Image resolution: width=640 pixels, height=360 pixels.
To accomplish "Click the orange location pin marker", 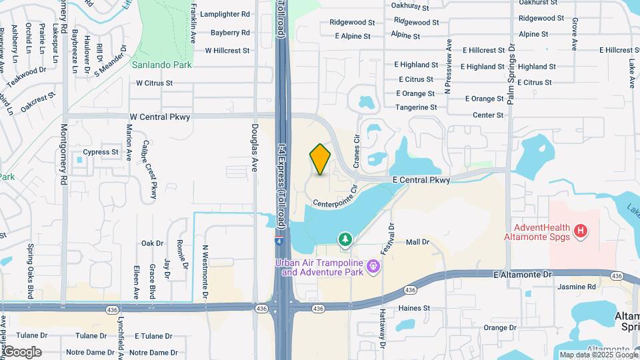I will (320, 159).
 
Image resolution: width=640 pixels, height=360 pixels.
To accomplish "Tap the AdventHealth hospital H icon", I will (581, 231).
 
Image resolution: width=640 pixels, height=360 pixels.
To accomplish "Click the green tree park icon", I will (345, 238).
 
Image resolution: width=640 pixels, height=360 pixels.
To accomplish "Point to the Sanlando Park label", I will (161, 65).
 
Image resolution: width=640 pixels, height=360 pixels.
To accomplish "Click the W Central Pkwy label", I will (160, 117).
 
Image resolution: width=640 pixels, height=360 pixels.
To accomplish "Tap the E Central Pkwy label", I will (421, 180).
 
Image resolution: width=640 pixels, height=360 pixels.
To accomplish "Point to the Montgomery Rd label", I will (64, 155).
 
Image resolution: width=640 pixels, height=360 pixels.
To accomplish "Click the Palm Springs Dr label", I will (511, 74).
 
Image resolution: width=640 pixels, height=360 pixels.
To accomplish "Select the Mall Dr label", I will (418, 242).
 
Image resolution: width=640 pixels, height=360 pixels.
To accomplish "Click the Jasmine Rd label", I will (577, 287).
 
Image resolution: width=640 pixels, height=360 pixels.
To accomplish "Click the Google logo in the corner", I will (23, 351).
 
